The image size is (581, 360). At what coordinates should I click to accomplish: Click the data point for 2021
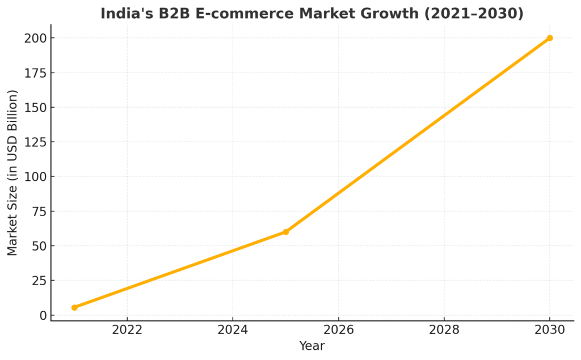[74, 307]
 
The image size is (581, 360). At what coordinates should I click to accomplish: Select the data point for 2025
[285, 232]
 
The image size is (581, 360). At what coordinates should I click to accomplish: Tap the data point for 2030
[549, 38]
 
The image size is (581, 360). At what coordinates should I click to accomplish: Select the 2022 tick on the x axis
[127, 330]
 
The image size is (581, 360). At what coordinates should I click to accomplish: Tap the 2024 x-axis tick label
[233, 330]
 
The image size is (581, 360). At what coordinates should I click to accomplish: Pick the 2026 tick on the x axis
[338, 330]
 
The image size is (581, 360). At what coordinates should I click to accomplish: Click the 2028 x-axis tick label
[444, 330]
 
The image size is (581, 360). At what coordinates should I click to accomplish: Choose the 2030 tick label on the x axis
[549, 330]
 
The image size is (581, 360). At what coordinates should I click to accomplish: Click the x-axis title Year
[312, 346]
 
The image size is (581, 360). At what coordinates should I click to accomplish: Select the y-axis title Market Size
[12, 172]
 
